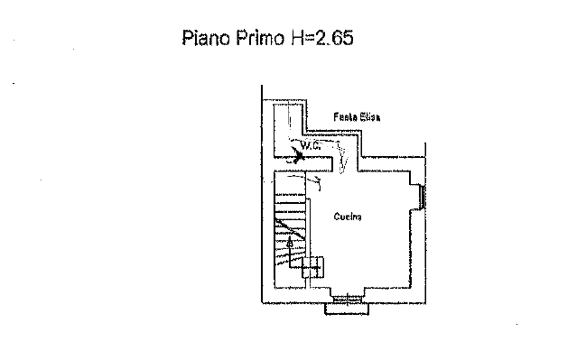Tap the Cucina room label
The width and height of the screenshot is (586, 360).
pos(348,217)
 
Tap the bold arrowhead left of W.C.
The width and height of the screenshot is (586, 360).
pos(299,153)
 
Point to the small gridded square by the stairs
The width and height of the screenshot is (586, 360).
pos(313,267)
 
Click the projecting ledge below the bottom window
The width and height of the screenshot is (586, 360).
pos(348,309)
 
